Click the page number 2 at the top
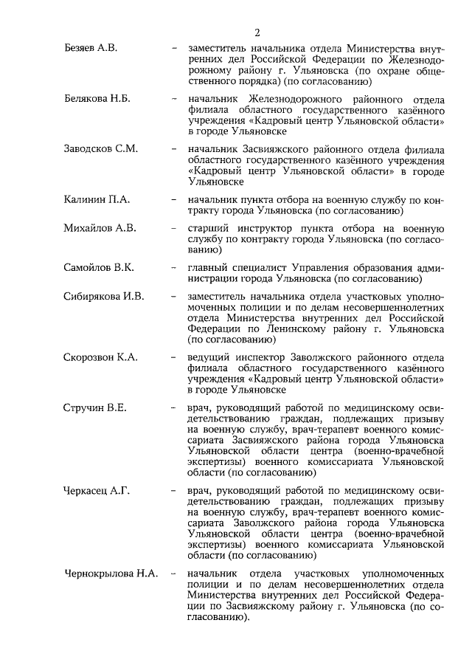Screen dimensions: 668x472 (257, 32)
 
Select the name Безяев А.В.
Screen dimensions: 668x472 (91, 48)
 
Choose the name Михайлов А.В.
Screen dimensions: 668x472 (100, 227)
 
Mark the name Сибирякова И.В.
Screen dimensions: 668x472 (103, 297)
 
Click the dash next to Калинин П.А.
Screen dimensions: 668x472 (173, 199)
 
